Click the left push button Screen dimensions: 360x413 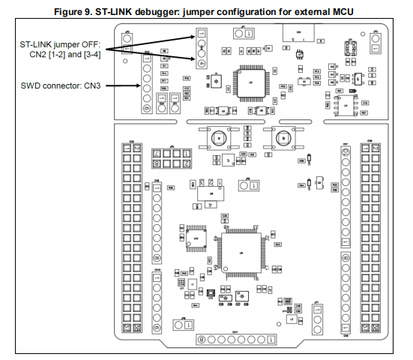[217, 138]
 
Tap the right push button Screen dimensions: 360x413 [284, 138]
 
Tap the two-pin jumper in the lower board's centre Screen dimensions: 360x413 [250, 184]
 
